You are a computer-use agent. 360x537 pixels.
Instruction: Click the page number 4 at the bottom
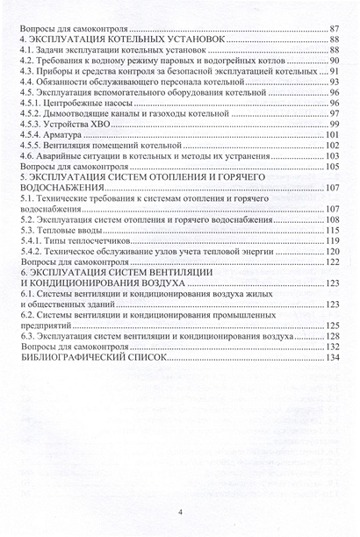pyautogui.click(x=179, y=512)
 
